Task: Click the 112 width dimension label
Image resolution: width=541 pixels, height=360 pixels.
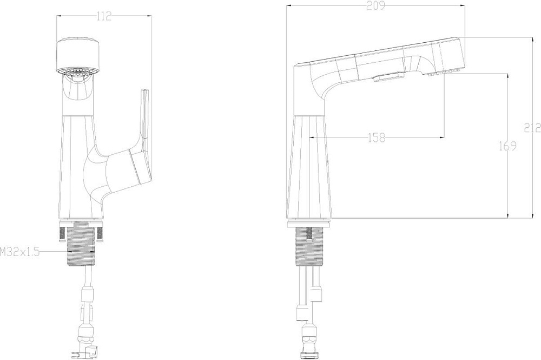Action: point(104,16)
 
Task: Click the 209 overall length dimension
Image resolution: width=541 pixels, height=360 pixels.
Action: point(375,6)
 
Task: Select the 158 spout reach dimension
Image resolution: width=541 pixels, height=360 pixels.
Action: point(377,138)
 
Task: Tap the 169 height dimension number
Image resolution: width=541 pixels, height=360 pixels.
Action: point(507,146)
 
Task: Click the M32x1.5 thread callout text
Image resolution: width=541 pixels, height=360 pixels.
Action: point(19,252)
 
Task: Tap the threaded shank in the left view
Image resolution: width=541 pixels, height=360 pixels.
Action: point(80,245)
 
